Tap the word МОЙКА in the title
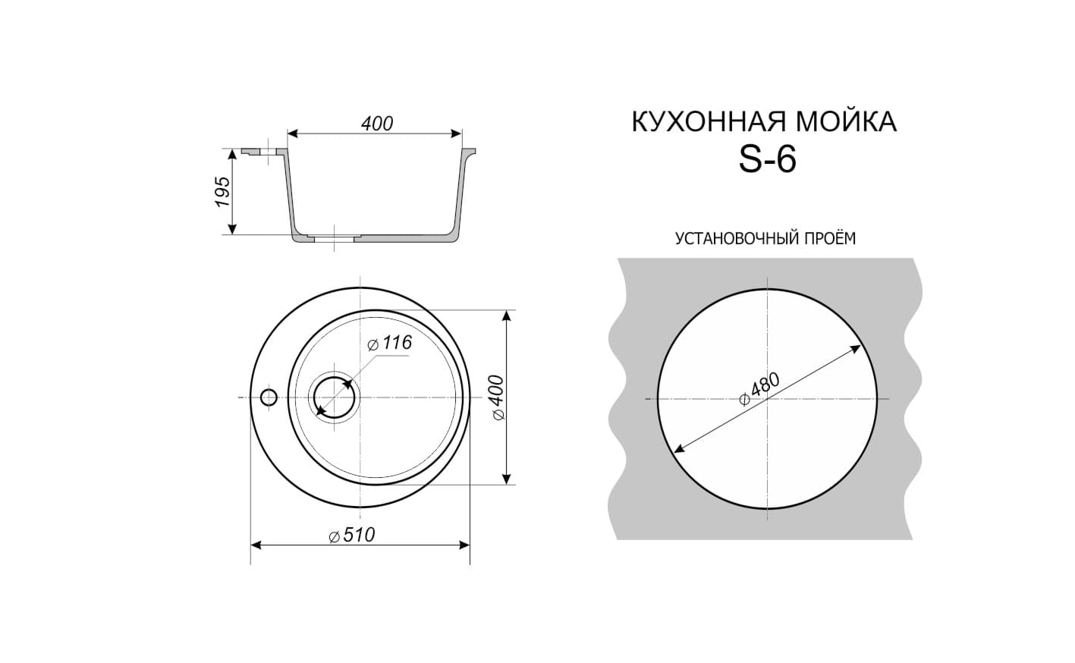pos(847,122)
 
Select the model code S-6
pos(768,159)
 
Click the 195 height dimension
pos(222,192)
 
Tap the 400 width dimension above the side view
pos(377,124)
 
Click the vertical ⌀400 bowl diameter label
pos(498,397)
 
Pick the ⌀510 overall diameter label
pos(352,536)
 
